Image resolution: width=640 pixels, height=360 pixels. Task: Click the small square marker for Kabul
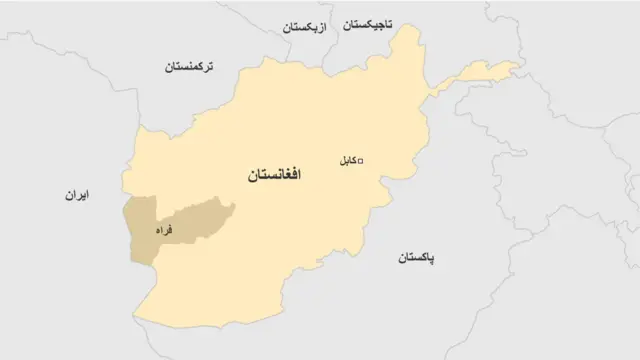click(361, 160)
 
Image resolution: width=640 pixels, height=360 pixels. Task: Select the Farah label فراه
click(163, 230)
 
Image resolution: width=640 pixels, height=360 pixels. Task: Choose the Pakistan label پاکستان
click(416, 257)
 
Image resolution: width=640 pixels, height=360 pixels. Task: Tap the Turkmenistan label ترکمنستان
click(195, 67)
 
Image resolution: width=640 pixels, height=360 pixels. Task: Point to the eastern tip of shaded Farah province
click(234, 208)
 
